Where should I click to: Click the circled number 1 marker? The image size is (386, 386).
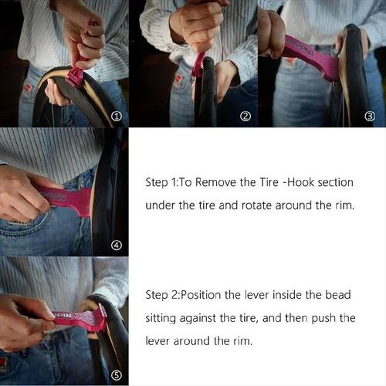(x=117, y=117)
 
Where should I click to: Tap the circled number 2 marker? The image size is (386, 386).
(x=245, y=117)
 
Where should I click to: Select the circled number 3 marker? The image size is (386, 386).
(x=370, y=117)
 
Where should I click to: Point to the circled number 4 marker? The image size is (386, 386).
(x=117, y=245)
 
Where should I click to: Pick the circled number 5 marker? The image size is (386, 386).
(x=117, y=376)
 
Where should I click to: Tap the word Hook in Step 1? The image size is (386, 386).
(x=301, y=182)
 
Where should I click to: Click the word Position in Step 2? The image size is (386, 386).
(x=201, y=295)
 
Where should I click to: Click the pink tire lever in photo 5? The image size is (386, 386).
(x=80, y=318)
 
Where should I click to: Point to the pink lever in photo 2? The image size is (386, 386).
(x=198, y=65)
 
